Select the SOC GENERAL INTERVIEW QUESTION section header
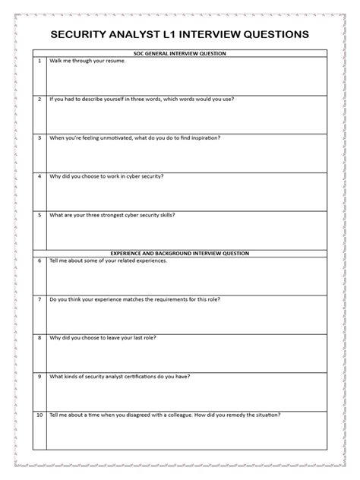pos(179,53)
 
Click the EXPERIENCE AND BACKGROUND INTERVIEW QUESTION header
pos(179,253)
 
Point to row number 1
pos(39,61)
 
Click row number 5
pos(39,215)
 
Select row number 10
pos(39,415)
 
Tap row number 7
pos(39,299)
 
